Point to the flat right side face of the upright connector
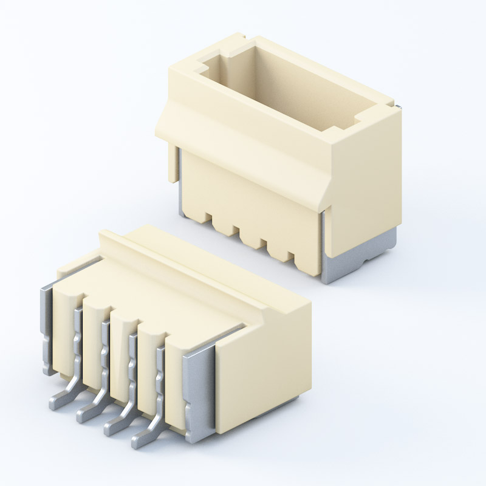tap(364, 170)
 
